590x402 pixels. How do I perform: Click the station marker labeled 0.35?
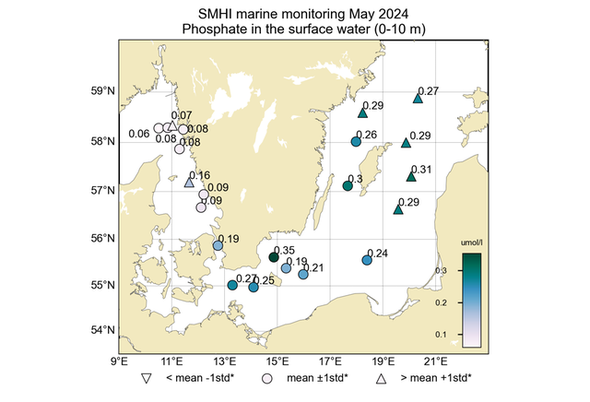(x=273, y=257)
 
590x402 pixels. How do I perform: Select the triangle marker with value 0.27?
(x=418, y=99)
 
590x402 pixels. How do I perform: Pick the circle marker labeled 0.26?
(x=356, y=142)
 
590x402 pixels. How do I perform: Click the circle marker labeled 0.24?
(x=367, y=260)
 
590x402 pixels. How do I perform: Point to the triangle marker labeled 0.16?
(x=189, y=183)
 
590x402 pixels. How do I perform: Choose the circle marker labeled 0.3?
(x=348, y=186)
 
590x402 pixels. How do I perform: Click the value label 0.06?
(x=139, y=135)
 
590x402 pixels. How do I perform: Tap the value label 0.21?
(x=313, y=268)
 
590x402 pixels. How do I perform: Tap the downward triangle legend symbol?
(x=146, y=379)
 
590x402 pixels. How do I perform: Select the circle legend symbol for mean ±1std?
(x=267, y=379)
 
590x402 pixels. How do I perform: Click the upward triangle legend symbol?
(x=381, y=379)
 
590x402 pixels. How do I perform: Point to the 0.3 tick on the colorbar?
(x=442, y=270)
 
